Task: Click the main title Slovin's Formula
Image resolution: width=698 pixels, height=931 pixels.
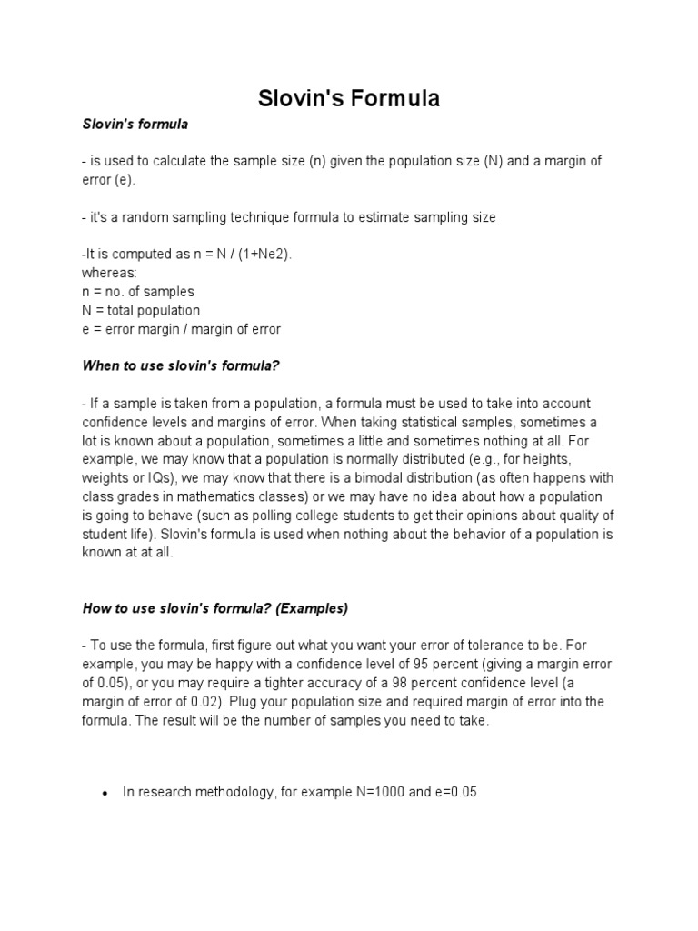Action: click(x=349, y=98)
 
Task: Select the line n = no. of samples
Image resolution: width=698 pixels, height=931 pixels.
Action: click(x=138, y=292)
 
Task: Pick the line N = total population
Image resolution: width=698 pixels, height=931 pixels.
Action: click(x=141, y=311)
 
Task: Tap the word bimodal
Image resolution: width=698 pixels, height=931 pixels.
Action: click(x=437, y=478)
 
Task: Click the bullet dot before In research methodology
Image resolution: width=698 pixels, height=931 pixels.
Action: click(x=105, y=794)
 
